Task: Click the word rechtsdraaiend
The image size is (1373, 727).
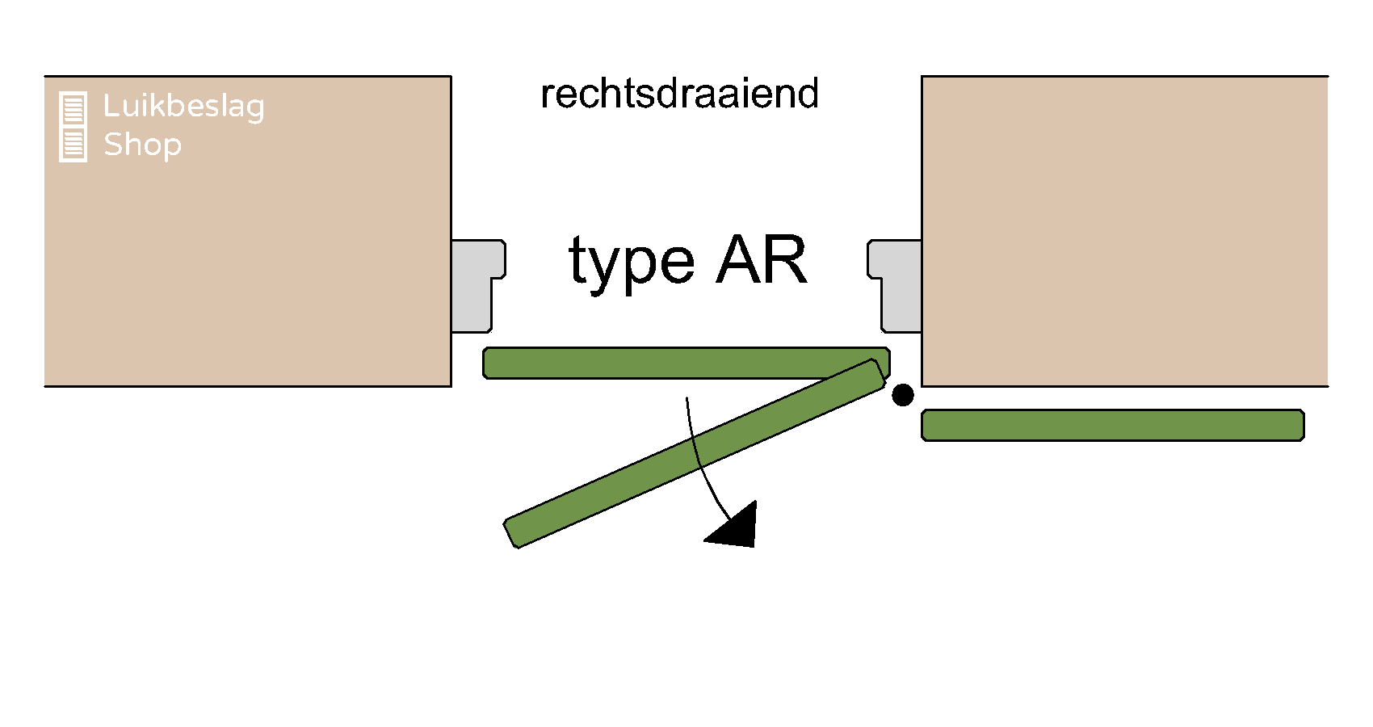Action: tap(679, 94)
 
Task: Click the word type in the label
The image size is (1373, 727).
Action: tap(631, 263)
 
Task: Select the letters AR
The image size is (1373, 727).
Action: tap(762, 261)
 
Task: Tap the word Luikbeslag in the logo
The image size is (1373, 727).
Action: tap(183, 107)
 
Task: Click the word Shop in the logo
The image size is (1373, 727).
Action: tap(142, 145)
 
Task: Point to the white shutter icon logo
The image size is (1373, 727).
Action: tap(73, 127)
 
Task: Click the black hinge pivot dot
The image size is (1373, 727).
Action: tap(902, 395)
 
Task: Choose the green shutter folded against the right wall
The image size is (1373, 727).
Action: tap(1112, 425)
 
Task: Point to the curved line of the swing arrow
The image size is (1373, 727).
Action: tap(696, 452)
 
